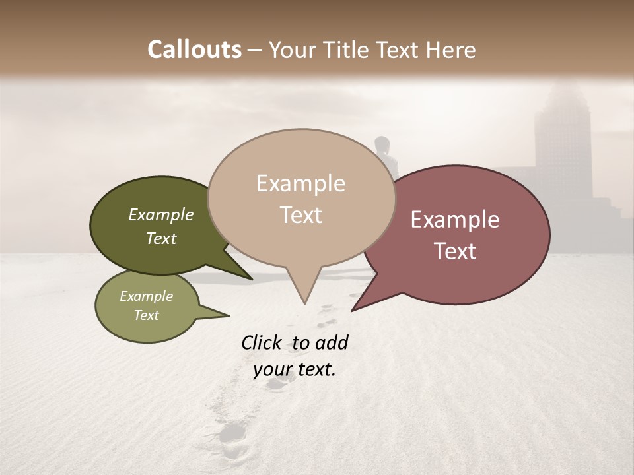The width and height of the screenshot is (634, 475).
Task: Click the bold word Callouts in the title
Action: [x=194, y=49]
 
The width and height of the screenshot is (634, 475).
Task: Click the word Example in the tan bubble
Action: [x=300, y=183]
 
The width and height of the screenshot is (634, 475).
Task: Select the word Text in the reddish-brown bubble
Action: [x=455, y=251]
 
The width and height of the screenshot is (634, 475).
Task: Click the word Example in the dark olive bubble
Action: [x=160, y=215]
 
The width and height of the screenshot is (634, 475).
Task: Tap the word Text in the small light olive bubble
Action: [x=146, y=315]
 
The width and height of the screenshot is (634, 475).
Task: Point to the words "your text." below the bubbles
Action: [x=295, y=370]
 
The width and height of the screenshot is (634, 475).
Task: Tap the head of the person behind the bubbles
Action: [x=382, y=143]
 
